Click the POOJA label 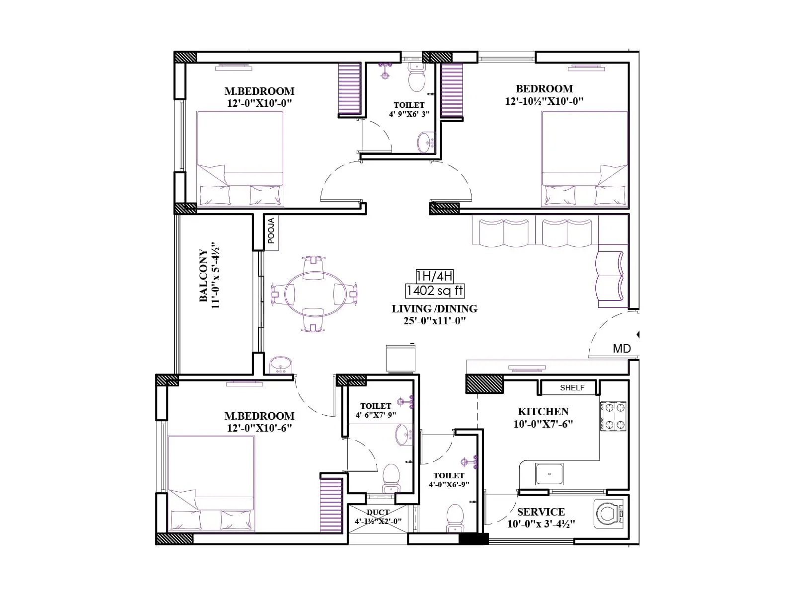click(x=271, y=231)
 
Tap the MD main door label click(x=622, y=349)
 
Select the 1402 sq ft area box click(x=435, y=291)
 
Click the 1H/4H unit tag click(x=435, y=276)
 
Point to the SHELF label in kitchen click(x=572, y=388)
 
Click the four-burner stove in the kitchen click(x=614, y=417)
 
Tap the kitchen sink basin click(x=549, y=474)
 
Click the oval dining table click(x=314, y=293)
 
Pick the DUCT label click(x=378, y=513)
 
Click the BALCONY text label click(x=204, y=276)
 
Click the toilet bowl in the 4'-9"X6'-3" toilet click(x=416, y=79)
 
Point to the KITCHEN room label click(x=543, y=412)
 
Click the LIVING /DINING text click(x=434, y=309)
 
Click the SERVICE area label click(x=541, y=512)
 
